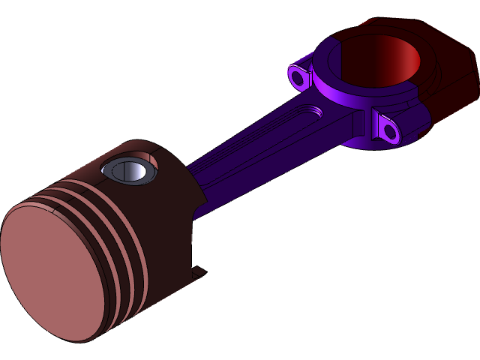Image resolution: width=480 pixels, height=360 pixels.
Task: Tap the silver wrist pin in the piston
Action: [133, 171]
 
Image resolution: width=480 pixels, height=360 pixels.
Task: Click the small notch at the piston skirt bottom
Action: [198, 272]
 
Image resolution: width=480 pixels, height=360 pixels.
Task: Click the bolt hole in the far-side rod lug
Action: [298, 76]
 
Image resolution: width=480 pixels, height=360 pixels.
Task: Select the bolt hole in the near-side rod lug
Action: [389, 131]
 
